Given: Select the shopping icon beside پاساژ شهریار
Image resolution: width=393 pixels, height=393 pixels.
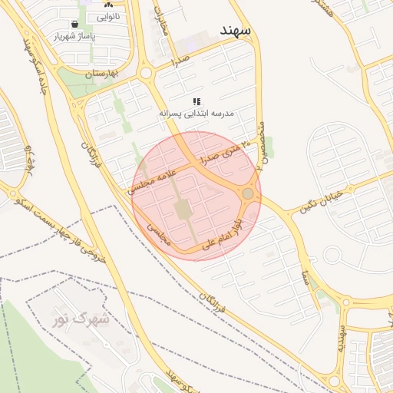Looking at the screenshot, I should point(74,24).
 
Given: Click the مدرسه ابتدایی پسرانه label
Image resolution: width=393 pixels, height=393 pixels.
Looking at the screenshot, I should point(196,113).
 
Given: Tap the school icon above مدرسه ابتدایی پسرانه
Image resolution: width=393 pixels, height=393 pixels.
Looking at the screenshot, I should point(196,101).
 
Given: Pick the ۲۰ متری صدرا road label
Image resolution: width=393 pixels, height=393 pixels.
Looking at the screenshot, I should point(224,152).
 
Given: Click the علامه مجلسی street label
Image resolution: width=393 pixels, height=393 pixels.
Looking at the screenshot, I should point(153,178).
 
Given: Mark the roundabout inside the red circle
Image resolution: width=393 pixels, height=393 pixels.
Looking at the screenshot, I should point(248,194).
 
